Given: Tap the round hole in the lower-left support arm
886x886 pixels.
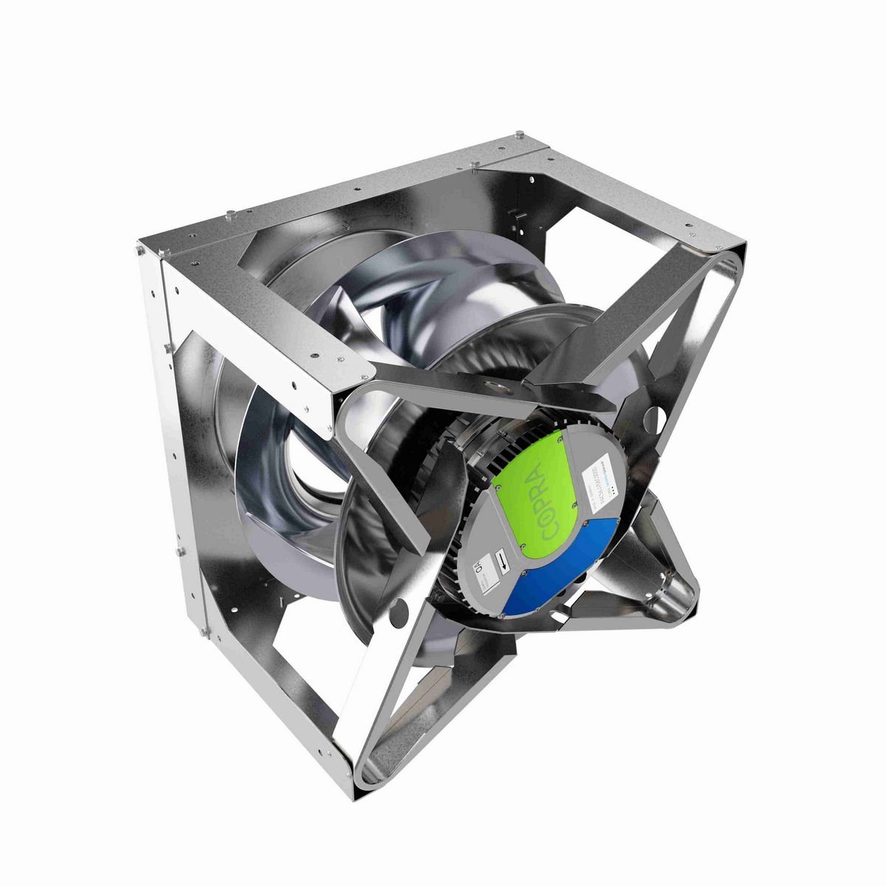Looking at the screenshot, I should point(399,611).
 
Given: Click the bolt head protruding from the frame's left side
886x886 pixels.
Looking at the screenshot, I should point(177,552).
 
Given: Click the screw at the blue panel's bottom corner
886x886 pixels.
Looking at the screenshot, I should point(501,615).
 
